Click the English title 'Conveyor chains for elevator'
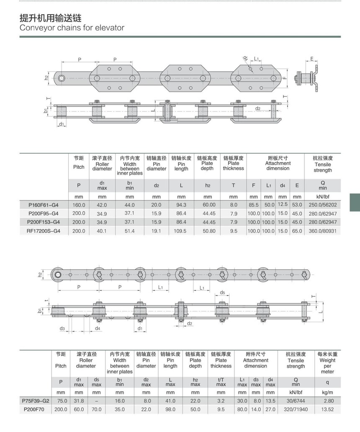tap(72, 28)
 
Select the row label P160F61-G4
tap(44, 205)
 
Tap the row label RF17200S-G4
tap(43, 231)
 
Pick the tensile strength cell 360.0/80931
tap(323, 231)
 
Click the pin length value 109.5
tap(180, 231)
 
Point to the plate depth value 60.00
tap(209, 205)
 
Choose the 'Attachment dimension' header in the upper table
tap(278, 166)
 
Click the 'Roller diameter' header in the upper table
tap(102, 166)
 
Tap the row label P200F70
tap(34, 409)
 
